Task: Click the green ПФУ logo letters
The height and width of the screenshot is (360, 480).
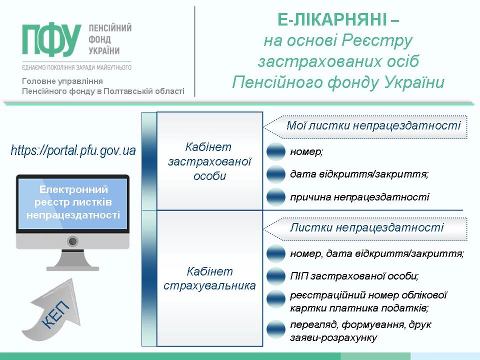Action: coord(52,39)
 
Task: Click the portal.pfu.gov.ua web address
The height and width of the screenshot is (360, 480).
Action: coord(73,151)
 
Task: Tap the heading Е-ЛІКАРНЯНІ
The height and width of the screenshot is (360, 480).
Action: coord(338,20)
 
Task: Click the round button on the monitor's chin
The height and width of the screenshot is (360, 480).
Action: coord(73,241)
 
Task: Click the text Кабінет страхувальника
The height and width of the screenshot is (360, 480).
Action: coord(210,278)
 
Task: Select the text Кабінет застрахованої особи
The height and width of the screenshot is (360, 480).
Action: coord(210,162)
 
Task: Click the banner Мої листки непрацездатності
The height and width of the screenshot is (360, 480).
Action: coord(365,127)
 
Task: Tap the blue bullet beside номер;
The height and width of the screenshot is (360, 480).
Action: coord(276,152)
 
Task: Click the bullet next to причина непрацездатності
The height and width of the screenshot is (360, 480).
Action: coord(276,197)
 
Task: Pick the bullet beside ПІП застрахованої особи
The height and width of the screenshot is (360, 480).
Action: coord(276,276)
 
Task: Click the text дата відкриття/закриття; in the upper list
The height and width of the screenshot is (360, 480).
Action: coord(359,174)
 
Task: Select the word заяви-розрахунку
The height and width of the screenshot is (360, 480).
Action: coord(334,338)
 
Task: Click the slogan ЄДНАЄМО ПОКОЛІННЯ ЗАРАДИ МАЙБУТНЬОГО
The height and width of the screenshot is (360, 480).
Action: coord(77,68)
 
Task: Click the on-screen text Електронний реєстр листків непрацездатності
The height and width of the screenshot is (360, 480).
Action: coord(73,202)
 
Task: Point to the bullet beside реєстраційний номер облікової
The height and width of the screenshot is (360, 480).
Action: coord(276,299)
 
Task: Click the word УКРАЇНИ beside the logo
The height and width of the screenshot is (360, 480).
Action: coord(104,51)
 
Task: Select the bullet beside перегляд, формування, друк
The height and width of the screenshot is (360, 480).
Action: coord(276,329)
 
